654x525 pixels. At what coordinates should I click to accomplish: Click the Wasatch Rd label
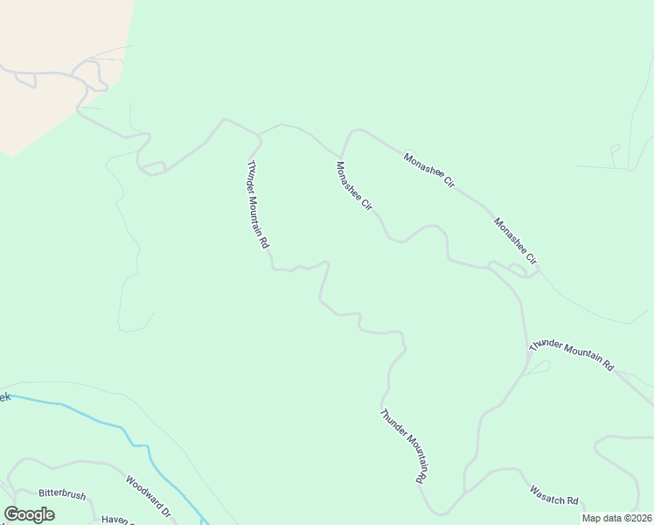[x=554, y=495]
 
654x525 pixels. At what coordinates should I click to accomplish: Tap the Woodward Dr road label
[x=147, y=495]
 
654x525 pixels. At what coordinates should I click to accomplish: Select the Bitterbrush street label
[x=62, y=495]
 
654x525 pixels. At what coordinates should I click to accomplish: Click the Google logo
[x=29, y=514]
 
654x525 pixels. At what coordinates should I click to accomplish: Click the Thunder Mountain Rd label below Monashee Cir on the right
[x=572, y=355]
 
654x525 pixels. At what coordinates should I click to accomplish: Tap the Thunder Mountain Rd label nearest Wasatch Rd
[x=402, y=446]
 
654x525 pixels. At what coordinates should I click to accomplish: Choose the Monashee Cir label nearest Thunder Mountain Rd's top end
[x=354, y=185]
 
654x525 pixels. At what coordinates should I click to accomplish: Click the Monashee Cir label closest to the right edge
[x=515, y=242]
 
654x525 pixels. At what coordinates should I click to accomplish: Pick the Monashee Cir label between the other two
[x=429, y=171]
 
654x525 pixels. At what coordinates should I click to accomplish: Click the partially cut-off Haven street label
[x=115, y=520]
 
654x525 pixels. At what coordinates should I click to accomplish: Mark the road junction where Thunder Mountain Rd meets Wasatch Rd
[x=465, y=491]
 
